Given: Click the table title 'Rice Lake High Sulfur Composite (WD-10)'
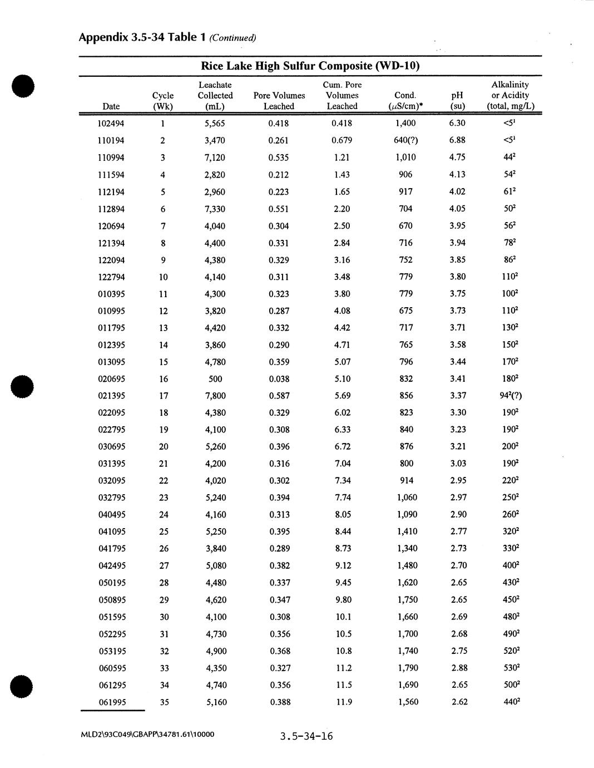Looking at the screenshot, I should click(x=310, y=66).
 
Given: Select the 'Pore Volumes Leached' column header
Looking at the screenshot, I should click(x=279, y=101).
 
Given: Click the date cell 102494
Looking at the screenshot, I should click(x=111, y=124).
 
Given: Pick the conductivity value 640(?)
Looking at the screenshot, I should click(x=405, y=140).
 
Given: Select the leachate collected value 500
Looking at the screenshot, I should click(x=215, y=379).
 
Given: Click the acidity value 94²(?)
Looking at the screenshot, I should click(x=511, y=396).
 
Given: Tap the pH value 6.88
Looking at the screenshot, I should click(x=457, y=140).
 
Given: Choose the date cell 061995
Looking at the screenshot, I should click(x=112, y=702).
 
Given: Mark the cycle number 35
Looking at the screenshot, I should click(x=164, y=702).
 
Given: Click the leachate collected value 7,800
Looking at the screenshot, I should click(x=215, y=396).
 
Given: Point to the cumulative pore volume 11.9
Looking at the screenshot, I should click(x=344, y=702).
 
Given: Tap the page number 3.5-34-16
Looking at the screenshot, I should click(x=306, y=736).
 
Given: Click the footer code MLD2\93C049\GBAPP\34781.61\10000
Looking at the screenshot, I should click(x=147, y=734).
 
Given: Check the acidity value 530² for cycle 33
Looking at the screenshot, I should click(x=511, y=668).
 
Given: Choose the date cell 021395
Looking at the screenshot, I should click(x=111, y=396).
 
